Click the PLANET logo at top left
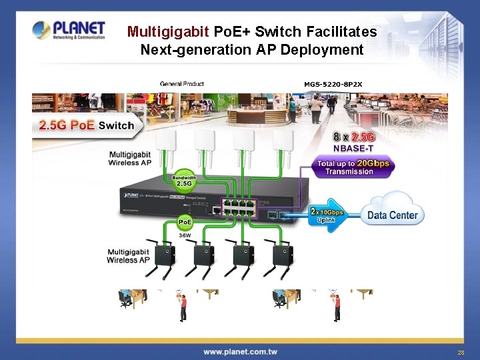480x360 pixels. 69,30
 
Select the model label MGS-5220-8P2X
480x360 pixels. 333,84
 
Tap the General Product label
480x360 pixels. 181,84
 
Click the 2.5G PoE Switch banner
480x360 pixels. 87,125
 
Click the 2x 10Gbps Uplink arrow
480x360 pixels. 329,215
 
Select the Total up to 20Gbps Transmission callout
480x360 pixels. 353,167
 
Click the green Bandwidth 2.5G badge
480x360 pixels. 185,181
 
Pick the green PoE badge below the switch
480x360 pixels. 186,223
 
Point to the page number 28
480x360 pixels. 460,351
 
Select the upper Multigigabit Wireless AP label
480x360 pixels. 131,159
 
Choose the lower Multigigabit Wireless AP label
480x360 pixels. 128,256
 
